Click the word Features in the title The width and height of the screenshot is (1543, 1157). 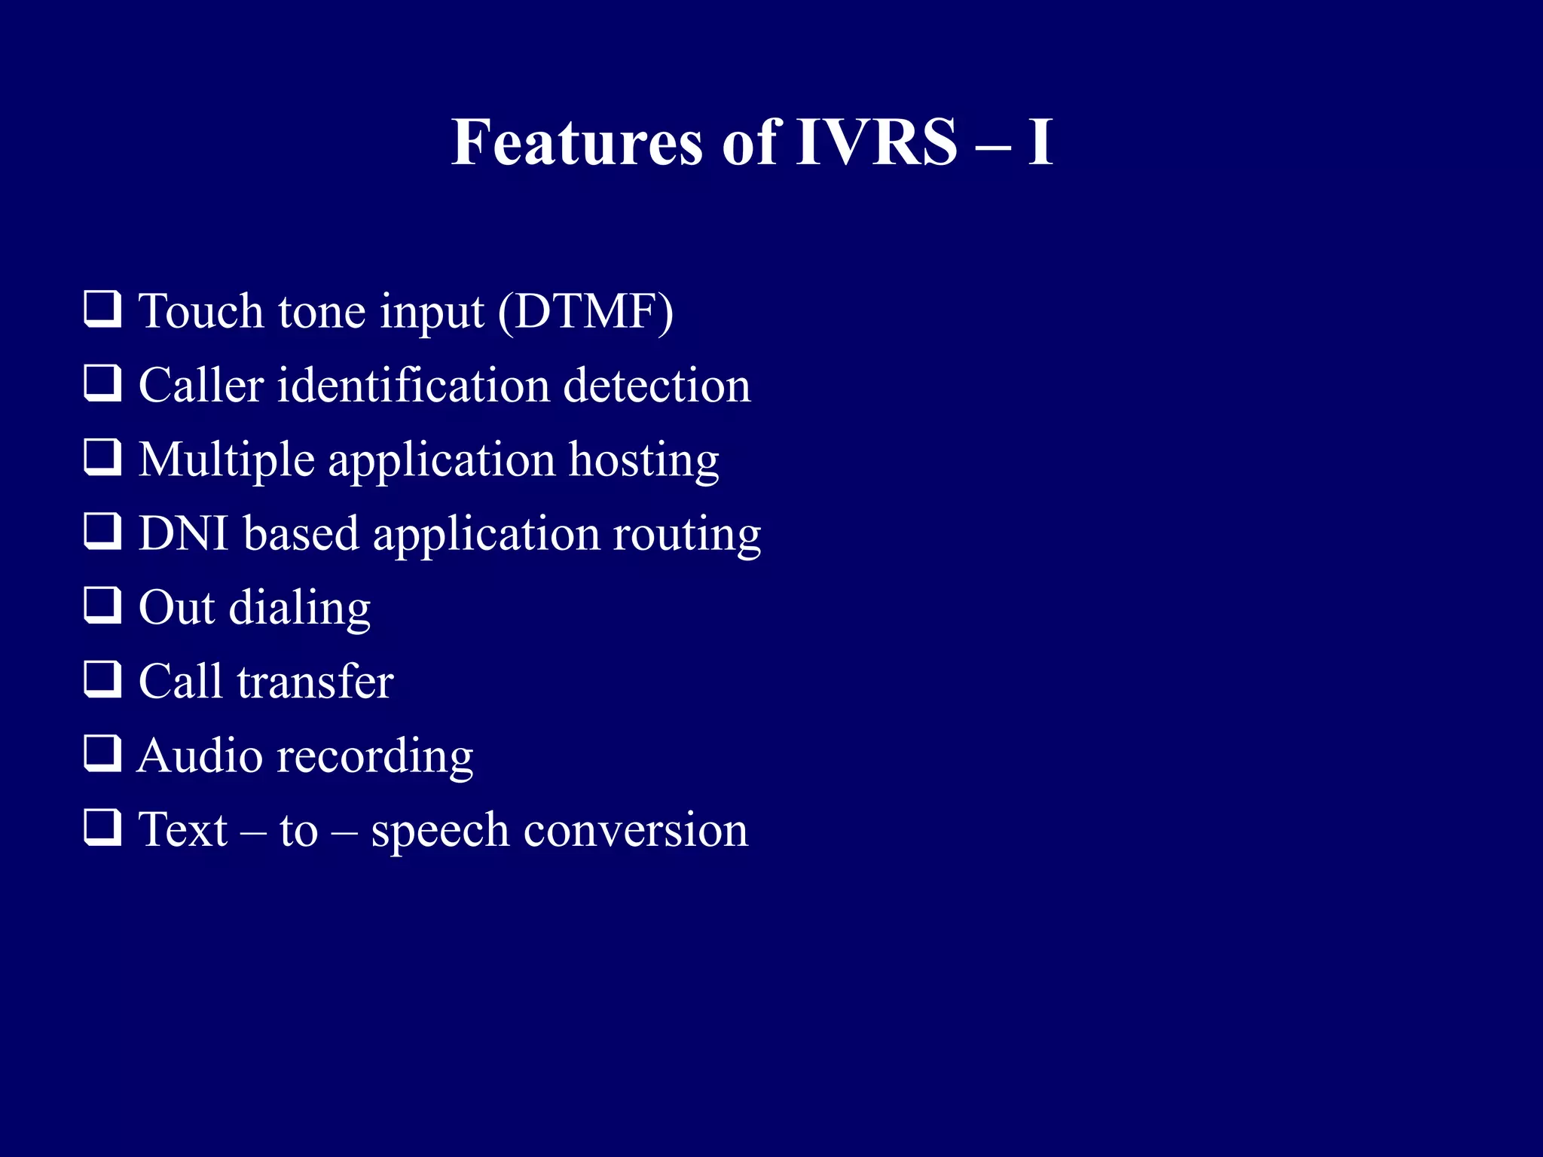(x=576, y=143)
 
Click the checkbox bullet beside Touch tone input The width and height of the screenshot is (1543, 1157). (x=102, y=310)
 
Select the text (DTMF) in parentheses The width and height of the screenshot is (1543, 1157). (x=585, y=311)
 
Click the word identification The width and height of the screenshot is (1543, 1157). (x=414, y=386)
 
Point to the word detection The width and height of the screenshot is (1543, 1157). (x=657, y=386)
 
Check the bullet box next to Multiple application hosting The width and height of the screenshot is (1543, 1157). (x=102, y=458)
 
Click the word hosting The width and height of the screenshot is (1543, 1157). (x=643, y=460)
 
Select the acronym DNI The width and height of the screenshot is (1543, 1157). (x=184, y=534)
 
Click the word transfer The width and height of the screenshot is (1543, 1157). (x=315, y=682)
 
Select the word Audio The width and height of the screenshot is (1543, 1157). (x=200, y=756)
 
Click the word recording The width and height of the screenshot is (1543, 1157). (x=374, y=758)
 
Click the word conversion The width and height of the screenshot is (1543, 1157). (x=635, y=831)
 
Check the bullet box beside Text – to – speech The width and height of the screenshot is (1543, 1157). (x=102, y=828)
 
